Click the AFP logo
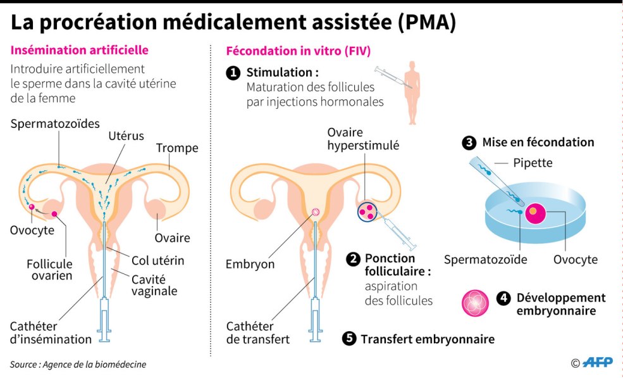(597, 363)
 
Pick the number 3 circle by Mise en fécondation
(469, 142)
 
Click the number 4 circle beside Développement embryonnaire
(503, 298)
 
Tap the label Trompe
(177, 148)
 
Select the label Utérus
(126, 135)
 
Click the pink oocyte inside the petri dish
(535, 213)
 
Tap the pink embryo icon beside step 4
(476, 303)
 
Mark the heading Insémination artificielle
(80, 49)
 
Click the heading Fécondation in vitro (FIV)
(299, 50)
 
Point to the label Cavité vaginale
(154, 285)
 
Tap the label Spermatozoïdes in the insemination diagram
(55, 123)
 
